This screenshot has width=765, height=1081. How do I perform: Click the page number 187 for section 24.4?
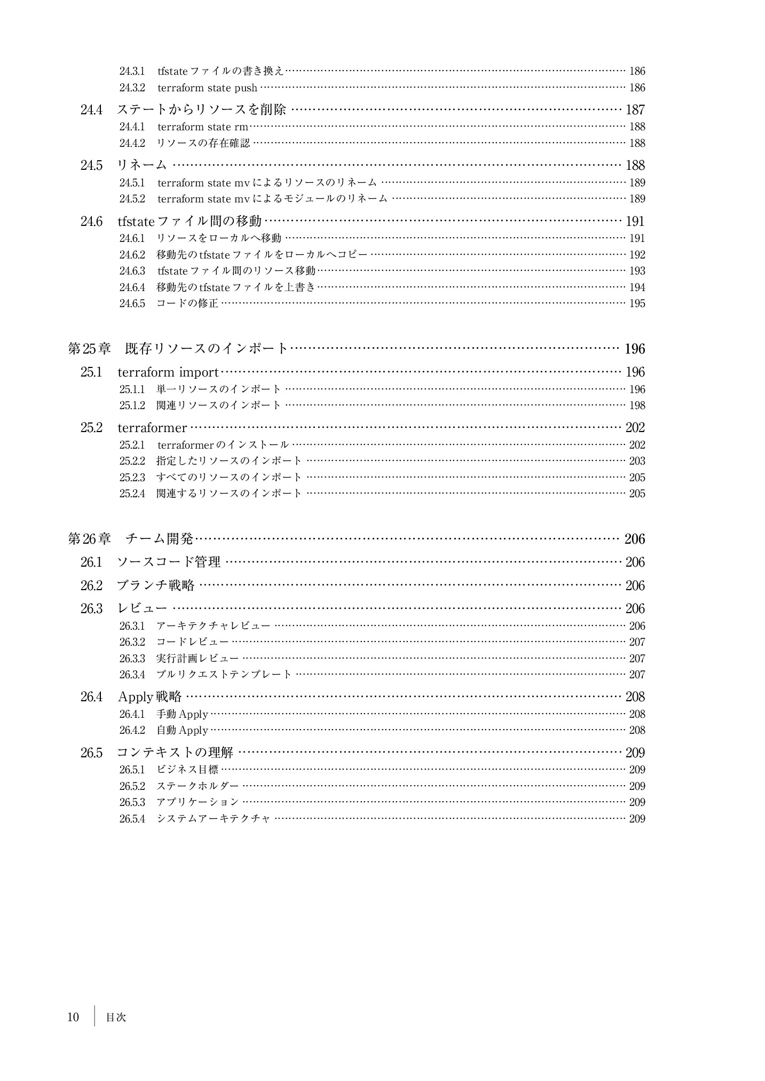pyautogui.click(x=635, y=110)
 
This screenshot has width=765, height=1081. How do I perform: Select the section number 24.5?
pyautogui.click(x=91, y=166)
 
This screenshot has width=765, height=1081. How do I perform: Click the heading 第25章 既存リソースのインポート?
pyautogui.click(x=178, y=349)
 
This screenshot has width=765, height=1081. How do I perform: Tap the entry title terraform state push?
pyautogui.click(x=207, y=88)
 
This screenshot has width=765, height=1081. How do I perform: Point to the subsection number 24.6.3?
pyautogui.click(x=132, y=271)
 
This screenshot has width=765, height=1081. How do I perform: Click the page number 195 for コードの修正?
pyautogui.click(x=637, y=304)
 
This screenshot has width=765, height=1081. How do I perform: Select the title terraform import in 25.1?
pyautogui.click(x=168, y=372)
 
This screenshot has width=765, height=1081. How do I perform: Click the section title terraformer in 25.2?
pyautogui.click(x=152, y=428)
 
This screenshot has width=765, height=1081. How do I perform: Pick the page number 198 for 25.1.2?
pyautogui.click(x=637, y=406)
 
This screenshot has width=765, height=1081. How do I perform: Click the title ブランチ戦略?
pyautogui.click(x=155, y=586)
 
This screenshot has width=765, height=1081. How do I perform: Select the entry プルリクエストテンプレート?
pyautogui.click(x=224, y=675)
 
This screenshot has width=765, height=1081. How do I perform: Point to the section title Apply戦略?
pyautogui.click(x=149, y=697)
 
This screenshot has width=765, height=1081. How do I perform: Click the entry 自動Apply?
pyautogui.click(x=182, y=731)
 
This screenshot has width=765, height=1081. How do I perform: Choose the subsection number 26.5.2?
pyautogui.click(x=132, y=787)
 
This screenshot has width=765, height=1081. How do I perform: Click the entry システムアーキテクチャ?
pyautogui.click(x=214, y=819)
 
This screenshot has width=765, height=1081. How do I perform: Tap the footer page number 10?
pyautogui.click(x=73, y=1017)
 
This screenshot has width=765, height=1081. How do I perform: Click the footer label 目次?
pyautogui.click(x=116, y=1018)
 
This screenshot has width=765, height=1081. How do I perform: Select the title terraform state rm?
pyautogui.click(x=203, y=127)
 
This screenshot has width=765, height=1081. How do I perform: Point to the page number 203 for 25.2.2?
pyautogui.click(x=637, y=461)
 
